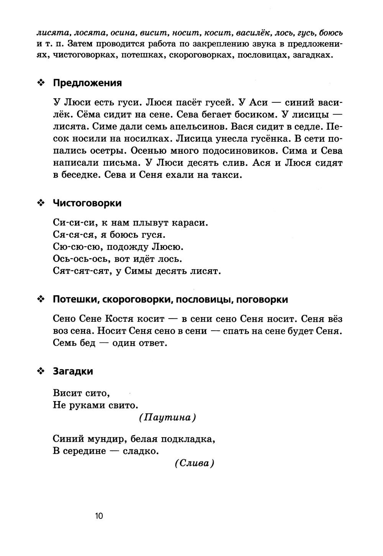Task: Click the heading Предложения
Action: [87, 83]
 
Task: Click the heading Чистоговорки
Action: [87, 203]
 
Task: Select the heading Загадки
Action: [73, 371]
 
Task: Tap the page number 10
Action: [99, 516]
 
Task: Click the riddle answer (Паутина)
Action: [167, 417]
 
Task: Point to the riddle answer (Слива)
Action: [194, 463]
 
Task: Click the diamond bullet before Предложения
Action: [41, 83]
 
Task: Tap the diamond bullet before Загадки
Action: [41, 371]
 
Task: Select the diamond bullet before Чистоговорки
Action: [41, 203]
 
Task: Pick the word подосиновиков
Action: [208, 150]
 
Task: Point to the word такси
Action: [228, 175]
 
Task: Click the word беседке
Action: [76, 175]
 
